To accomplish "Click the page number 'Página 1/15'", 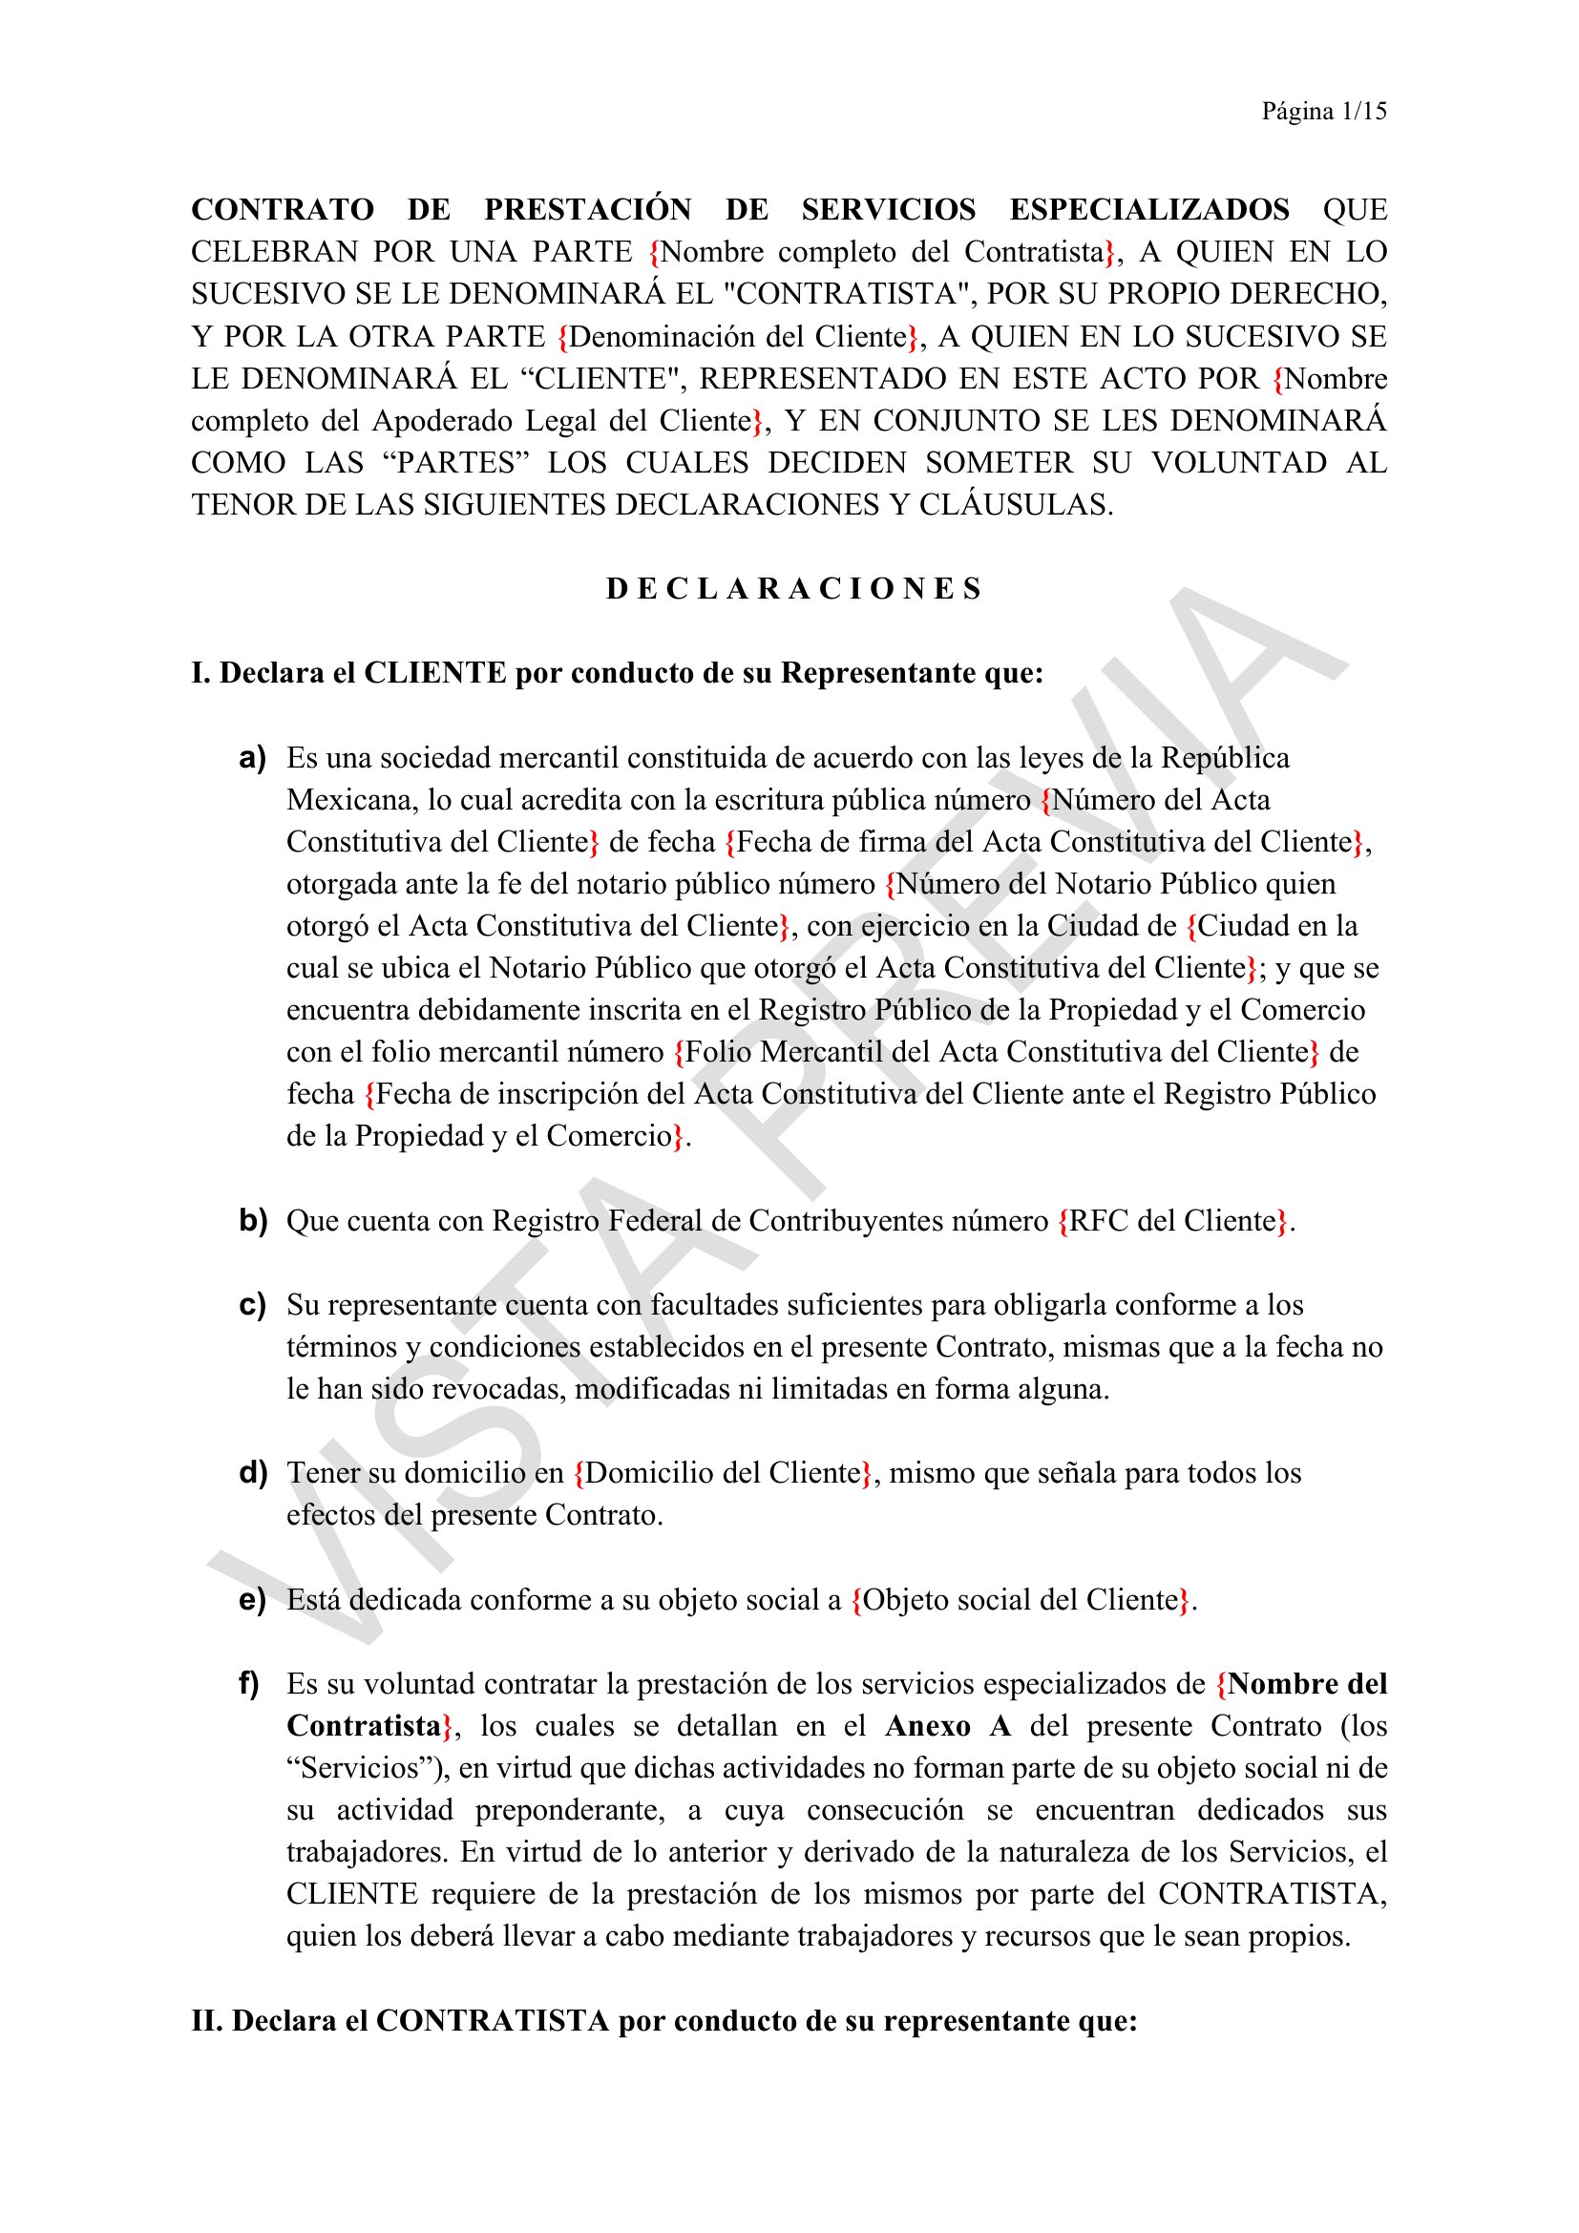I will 1323,112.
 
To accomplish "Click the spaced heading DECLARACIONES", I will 793,589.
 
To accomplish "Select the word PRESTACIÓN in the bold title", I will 587,210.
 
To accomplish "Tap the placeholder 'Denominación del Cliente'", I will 738,336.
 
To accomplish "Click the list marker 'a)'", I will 253,758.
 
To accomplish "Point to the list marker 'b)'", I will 253,1221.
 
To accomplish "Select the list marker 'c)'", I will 253,1304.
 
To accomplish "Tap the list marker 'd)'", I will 253,1472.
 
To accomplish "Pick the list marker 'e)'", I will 253,1600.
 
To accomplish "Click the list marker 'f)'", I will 250,1683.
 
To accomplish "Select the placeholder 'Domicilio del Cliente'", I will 724,1472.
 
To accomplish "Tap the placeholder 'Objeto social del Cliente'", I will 1020,1600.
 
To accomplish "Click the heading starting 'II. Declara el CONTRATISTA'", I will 664,2021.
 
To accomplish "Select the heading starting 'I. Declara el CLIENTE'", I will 617,673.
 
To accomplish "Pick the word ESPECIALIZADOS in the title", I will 1149,210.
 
